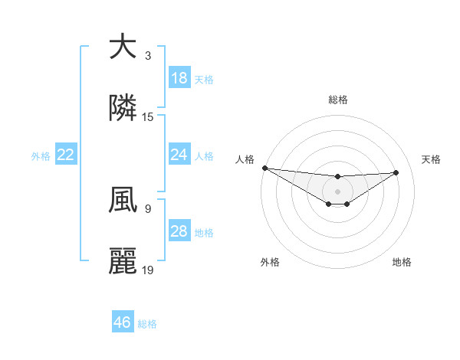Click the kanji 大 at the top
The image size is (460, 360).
[x=123, y=47]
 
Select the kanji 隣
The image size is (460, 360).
[x=123, y=109]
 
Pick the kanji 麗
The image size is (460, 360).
[x=123, y=261]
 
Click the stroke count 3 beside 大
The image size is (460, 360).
[x=148, y=56]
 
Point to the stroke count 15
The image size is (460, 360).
[x=148, y=117]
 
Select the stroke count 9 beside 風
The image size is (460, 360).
[x=148, y=208]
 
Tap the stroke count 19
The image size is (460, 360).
[x=148, y=270]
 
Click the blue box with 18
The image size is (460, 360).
[x=179, y=78]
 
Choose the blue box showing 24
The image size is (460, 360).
[x=179, y=155]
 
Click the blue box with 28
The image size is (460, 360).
[x=179, y=231]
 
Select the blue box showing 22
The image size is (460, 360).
[x=66, y=155]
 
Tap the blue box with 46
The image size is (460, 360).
[x=123, y=322]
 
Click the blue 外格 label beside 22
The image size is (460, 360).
[x=41, y=156]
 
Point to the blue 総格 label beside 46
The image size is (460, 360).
[x=147, y=324]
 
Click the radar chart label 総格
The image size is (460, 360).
[x=338, y=100]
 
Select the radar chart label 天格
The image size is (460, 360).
[x=432, y=159]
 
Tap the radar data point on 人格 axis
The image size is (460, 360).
[x=264, y=168]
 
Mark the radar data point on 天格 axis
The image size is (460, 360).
[x=396, y=172]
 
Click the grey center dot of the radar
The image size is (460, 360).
[x=338, y=191]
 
